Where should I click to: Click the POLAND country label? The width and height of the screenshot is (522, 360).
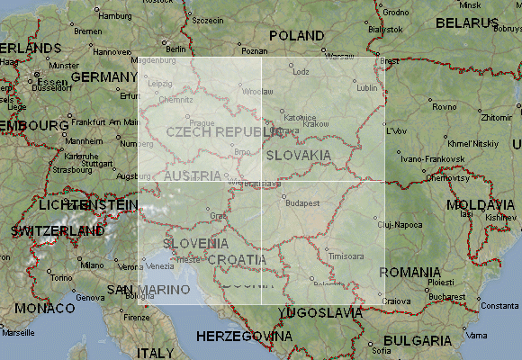coord(296,35)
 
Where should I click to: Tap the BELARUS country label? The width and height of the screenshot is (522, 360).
coord(466,22)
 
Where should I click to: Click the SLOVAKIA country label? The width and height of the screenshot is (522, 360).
coord(299,155)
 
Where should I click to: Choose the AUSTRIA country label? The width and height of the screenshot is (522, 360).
coord(192,175)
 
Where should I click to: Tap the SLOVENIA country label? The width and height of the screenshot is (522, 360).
coord(195,243)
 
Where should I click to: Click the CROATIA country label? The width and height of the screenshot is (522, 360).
coord(238,259)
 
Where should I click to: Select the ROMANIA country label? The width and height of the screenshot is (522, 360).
coord(409,272)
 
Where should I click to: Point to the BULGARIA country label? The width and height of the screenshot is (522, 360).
coord(417,341)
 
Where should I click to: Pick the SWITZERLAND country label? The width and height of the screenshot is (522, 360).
coord(58,231)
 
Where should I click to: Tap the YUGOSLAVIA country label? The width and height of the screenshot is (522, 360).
coord(320,313)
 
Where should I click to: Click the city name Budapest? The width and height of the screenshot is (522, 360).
coord(302,203)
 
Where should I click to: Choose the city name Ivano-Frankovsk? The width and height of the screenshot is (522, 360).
coord(424,158)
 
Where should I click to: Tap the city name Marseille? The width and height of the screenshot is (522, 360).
coord(16,332)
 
